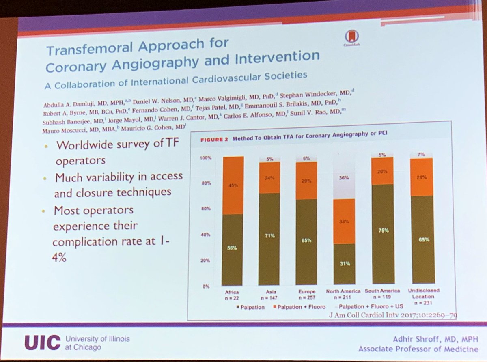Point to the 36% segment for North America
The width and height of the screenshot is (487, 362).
(x=344, y=177)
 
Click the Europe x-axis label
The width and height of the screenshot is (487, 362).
(x=306, y=291)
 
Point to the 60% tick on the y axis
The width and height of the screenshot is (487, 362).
(x=206, y=209)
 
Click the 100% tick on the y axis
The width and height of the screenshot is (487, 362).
(x=205, y=157)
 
